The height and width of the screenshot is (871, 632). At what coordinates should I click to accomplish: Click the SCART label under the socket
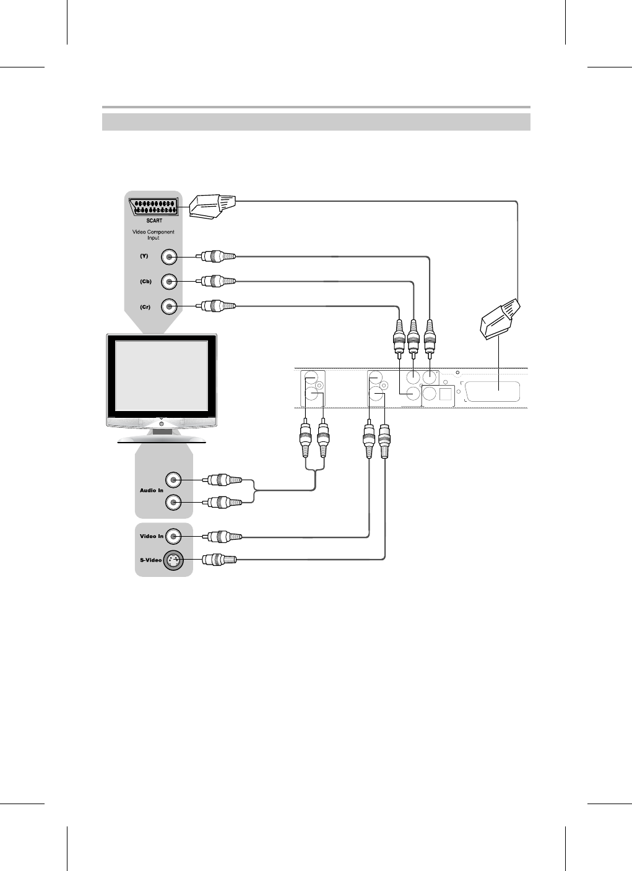click(x=154, y=220)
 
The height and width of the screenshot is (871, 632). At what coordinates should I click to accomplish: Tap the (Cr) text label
click(x=145, y=306)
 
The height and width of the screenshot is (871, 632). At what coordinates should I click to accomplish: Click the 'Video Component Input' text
click(x=154, y=235)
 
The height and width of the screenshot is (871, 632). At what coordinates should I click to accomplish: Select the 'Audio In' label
click(x=152, y=490)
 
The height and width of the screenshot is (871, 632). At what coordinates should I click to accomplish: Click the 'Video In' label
click(x=152, y=536)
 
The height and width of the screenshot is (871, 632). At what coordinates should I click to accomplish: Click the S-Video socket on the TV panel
click(x=173, y=560)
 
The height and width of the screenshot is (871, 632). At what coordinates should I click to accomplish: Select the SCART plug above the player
click(x=501, y=319)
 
